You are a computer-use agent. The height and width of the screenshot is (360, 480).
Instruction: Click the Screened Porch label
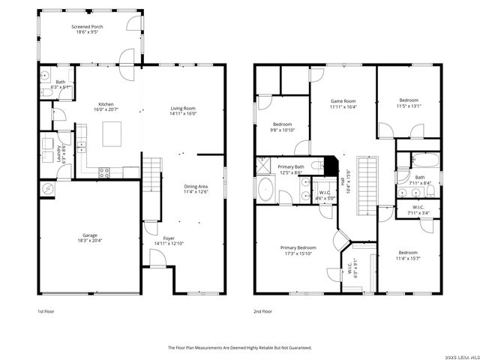click(x=87, y=27)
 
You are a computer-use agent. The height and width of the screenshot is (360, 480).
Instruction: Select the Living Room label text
click(x=182, y=109)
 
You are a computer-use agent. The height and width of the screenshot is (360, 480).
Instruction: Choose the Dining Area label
click(x=196, y=186)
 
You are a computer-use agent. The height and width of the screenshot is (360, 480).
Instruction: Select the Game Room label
click(x=343, y=101)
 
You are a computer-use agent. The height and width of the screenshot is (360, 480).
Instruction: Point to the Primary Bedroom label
click(x=298, y=247)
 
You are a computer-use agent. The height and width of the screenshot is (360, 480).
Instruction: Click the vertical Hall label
click(x=343, y=181)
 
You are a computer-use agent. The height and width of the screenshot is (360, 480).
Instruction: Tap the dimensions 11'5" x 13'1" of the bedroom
click(x=409, y=106)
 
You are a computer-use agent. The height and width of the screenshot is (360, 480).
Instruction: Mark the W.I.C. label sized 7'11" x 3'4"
click(x=418, y=212)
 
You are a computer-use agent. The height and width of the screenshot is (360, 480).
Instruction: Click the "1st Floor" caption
click(x=46, y=310)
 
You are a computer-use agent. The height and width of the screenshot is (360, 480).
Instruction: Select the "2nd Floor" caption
click(x=262, y=310)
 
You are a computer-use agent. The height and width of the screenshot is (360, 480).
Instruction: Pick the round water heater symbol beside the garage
click(x=47, y=188)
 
